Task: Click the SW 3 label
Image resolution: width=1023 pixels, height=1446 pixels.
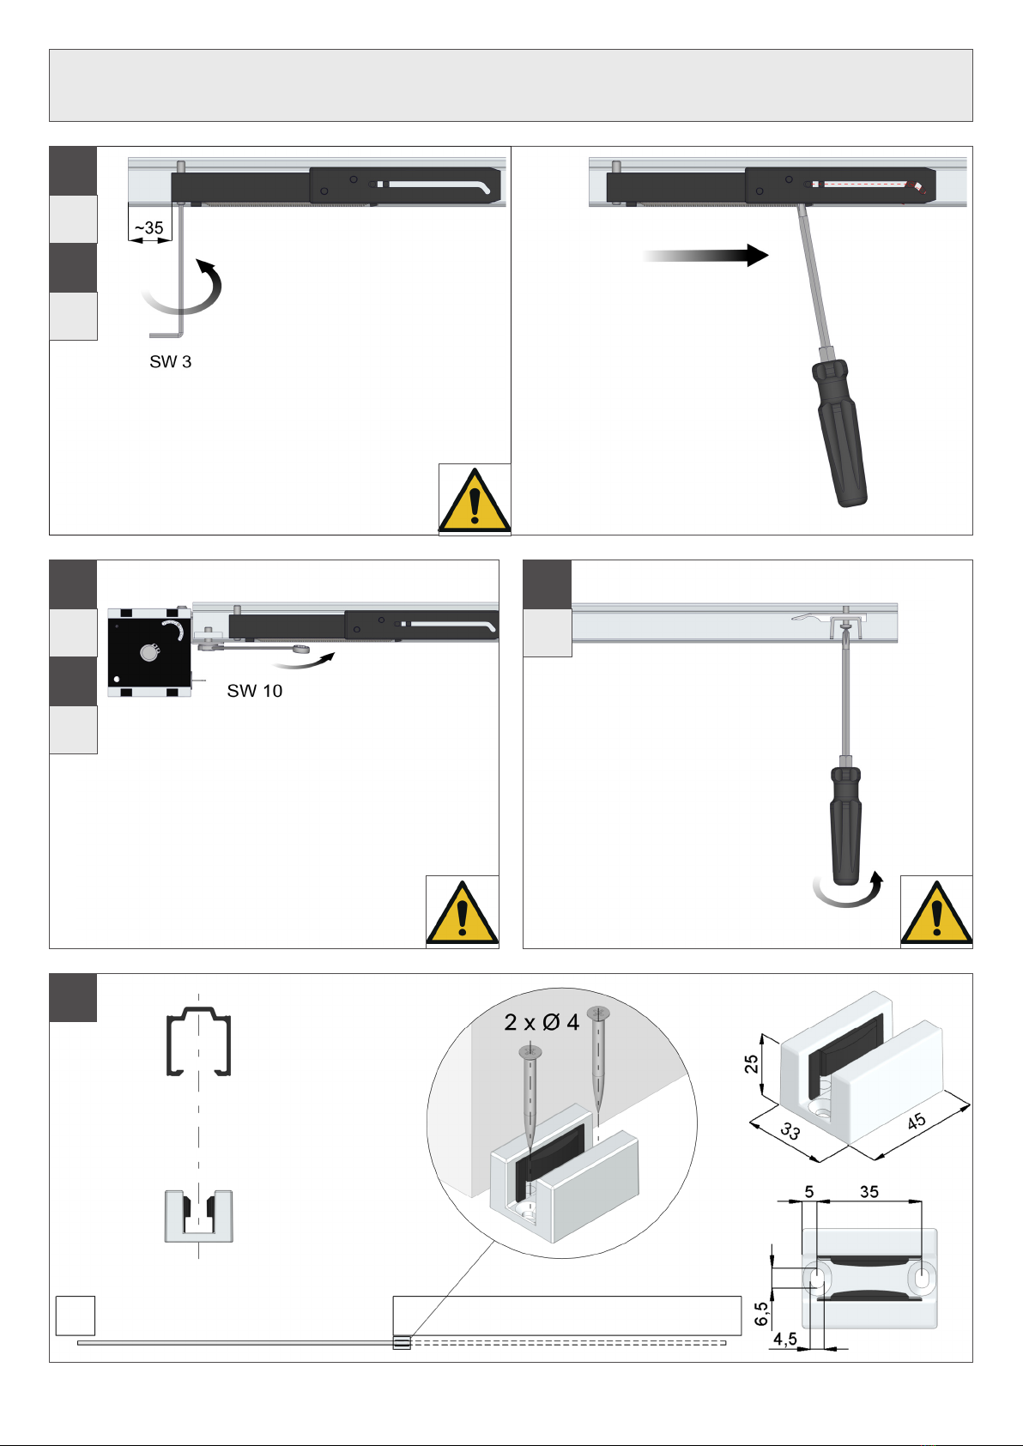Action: (x=171, y=361)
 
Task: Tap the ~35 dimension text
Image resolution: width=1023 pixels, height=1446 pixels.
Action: (x=149, y=228)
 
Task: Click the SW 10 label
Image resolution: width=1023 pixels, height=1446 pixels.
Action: (x=254, y=691)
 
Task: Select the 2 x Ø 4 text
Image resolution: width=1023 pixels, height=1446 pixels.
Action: (x=542, y=1023)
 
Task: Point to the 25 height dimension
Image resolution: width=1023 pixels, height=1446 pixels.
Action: (x=751, y=1063)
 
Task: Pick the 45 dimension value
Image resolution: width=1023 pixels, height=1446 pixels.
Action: (x=917, y=1122)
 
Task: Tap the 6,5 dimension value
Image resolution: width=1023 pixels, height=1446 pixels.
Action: (x=761, y=1313)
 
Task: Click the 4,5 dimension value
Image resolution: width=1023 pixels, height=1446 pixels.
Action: (x=784, y=1339)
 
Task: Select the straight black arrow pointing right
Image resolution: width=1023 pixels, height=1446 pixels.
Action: (x=705, y=255)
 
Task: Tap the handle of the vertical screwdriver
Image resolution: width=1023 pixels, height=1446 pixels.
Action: (x=845, y=825)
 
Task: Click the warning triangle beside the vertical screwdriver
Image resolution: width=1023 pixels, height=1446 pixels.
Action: (x=936, y=912)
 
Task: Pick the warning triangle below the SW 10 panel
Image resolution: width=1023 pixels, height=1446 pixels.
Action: (x=462, y=912)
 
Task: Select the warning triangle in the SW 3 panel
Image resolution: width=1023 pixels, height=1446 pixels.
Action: (x=475, y=499)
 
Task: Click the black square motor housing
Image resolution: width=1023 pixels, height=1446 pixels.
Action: (x=149, y=653)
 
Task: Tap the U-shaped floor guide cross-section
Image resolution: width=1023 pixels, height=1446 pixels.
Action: (x=199, y=1216)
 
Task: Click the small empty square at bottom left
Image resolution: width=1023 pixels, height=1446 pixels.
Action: (x=76, y=1316)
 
